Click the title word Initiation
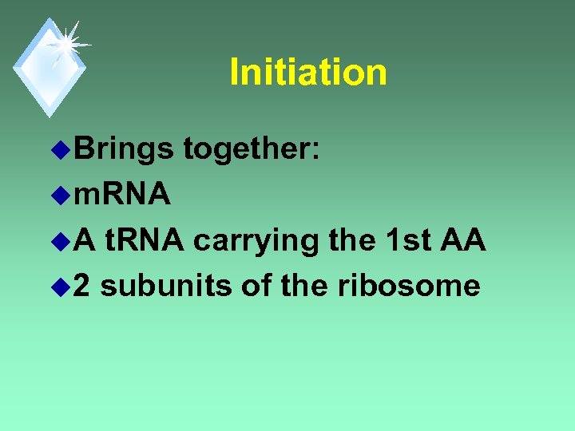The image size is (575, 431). pos(308,72)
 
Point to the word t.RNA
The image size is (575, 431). pos(145,239)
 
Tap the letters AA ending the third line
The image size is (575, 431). pos(462,239)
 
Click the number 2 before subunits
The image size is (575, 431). pos(82,285)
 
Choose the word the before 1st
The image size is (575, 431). pos(353,239)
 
